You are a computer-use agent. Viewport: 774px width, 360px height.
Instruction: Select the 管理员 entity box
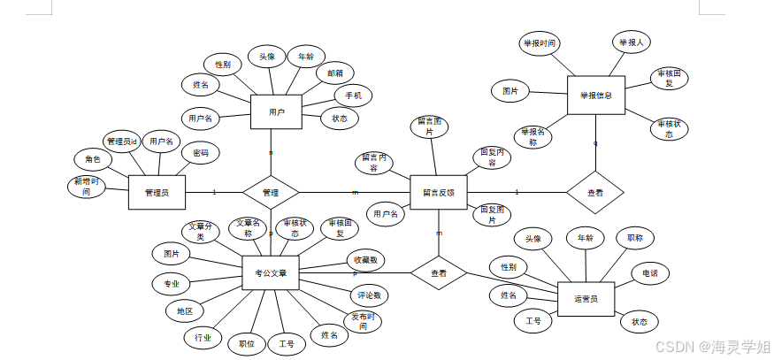pos(157,192)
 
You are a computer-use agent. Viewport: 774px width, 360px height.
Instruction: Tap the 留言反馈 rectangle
pos(438,192)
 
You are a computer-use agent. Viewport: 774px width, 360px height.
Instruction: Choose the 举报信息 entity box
pos(596,95)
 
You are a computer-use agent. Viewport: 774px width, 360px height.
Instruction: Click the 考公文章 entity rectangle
pos(270,273)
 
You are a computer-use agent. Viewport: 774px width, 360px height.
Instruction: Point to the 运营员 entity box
pos(586,299)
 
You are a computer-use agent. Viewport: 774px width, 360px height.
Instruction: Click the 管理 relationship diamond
pos(271,192)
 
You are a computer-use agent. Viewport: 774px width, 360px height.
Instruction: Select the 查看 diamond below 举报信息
pos(595,192)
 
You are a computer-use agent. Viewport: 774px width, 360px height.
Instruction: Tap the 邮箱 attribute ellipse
pos(335,73)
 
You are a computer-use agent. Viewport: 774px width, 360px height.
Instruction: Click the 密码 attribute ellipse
pos(201,153)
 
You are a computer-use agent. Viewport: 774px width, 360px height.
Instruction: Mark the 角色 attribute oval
pos(93,159)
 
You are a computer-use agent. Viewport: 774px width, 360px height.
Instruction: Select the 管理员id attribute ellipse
pos(122,142)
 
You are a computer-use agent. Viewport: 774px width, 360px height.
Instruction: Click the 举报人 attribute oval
pos(632,42)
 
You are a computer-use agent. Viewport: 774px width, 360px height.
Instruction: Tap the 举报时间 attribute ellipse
pos(539,42)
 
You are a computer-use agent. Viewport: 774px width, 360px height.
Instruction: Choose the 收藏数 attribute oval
pos(365,260)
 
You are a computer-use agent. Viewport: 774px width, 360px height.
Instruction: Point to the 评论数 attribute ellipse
pos(366,295)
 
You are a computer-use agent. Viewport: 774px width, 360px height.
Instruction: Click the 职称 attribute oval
pos(635,238)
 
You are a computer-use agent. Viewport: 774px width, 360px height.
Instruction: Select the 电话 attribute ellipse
pos(650,273)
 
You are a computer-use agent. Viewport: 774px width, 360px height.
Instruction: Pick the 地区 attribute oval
pos(184,311)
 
